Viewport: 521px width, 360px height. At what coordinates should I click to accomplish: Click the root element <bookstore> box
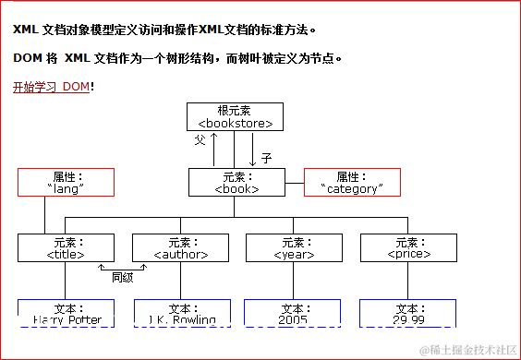235,116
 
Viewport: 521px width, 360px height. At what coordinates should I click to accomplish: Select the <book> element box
236,182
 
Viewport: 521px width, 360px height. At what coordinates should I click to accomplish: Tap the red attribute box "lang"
66,182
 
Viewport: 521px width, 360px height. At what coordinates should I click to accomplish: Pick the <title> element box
66,247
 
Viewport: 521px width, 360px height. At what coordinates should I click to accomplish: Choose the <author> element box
179,247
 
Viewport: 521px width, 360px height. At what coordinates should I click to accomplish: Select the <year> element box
294,247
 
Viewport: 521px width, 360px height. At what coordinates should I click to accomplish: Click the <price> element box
407,247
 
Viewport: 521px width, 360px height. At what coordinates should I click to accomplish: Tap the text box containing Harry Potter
66,313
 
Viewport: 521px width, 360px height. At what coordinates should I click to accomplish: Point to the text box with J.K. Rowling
181,313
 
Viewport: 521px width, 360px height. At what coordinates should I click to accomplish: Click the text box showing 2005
292,313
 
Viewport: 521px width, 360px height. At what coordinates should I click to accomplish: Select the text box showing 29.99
407,313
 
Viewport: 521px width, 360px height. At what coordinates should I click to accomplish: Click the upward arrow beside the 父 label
214,148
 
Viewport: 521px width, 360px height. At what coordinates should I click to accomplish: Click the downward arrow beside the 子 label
252,148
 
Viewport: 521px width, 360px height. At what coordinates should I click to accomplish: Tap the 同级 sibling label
123,276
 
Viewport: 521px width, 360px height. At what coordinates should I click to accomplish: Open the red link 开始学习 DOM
51,87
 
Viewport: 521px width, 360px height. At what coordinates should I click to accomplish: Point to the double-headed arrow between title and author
123,267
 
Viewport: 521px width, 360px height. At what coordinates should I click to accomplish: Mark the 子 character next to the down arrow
266,158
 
